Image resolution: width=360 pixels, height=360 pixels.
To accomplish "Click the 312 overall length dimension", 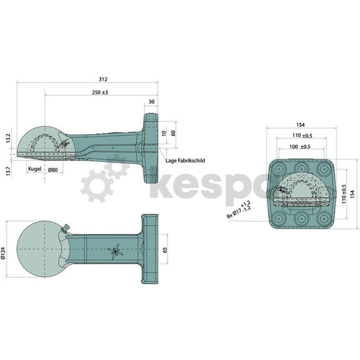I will (102, 79).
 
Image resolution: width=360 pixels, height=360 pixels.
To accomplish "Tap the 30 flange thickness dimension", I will (151, 102).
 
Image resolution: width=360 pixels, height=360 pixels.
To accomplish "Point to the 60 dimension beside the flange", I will (173, 133).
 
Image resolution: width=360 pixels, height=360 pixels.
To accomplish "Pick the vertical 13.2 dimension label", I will (8, 137).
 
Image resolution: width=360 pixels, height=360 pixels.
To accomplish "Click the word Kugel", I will (34, 169).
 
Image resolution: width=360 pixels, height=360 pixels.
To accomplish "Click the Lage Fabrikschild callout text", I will (185, 160).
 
